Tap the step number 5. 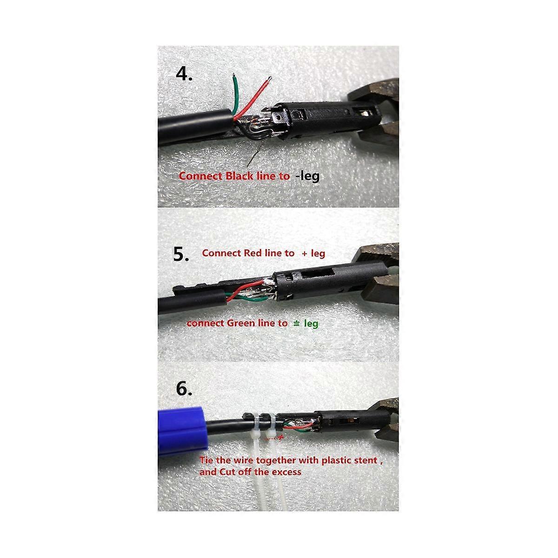[181, 254]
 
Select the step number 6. [184, 388]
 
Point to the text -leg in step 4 [307, 176]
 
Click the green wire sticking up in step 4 [238, 96]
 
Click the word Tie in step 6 [207, 460]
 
